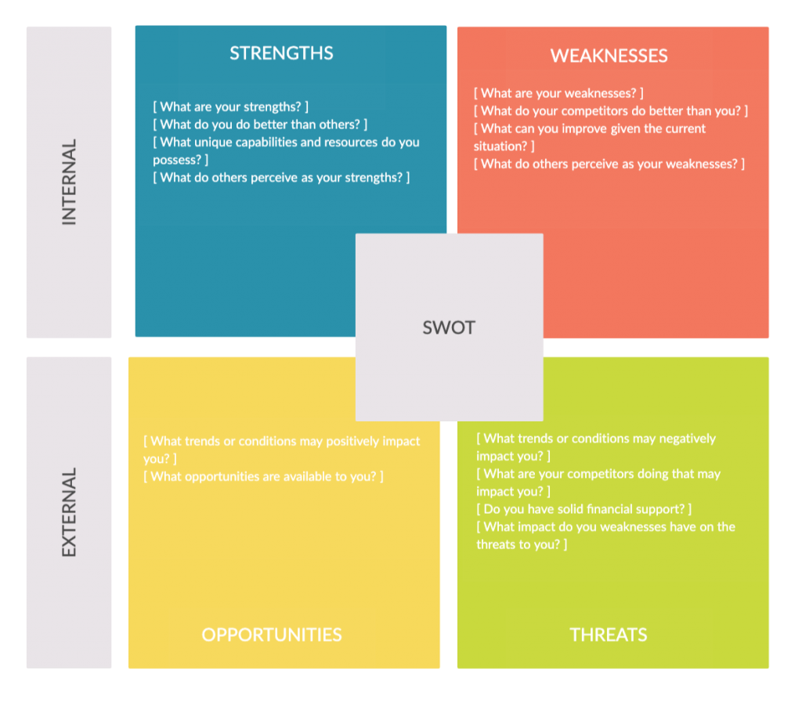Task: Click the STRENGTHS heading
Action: (x=281, y=53)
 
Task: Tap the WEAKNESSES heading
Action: (x=609, y=56)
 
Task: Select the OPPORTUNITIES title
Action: (x=272, y=634)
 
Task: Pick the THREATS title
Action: (x=608, y=634)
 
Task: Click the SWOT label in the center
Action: (x=449, y=327)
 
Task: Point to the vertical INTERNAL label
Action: (x=69, y=182)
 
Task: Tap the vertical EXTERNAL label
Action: (x=69, y=512)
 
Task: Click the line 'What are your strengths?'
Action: (x=231, y=107)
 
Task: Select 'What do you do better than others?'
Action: (x=260, y=125)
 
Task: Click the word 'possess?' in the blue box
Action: (x=178, y=160)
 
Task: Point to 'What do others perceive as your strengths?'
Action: (x=281, y=178)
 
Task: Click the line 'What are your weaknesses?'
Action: (x=558, y=93)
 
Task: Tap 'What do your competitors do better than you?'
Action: (x=611, y=111)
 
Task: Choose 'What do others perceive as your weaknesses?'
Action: (x=609, y=164)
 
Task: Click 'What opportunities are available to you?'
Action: (x=263, y=477)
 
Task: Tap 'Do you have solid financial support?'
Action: (x=584, y=509)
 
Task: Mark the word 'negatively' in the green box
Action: (x=688, y=439)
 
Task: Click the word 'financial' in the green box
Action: (x=609, y=509)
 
